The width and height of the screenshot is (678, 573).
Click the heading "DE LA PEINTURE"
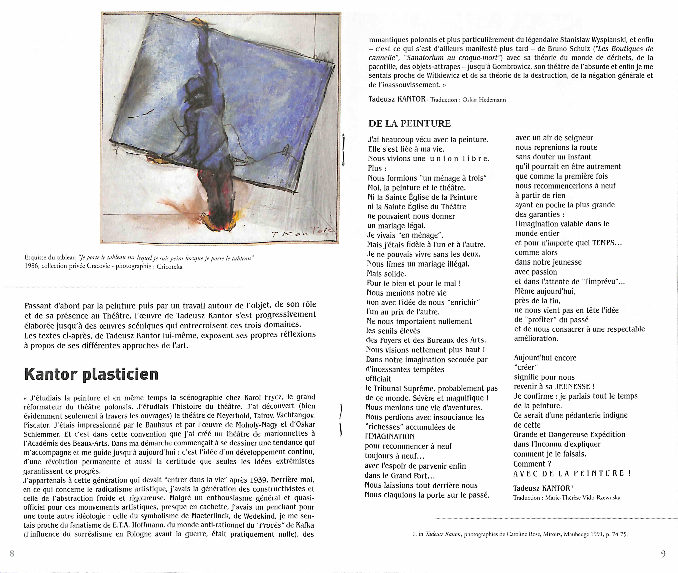(409, 123)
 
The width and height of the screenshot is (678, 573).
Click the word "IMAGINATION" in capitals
(390, 437)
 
